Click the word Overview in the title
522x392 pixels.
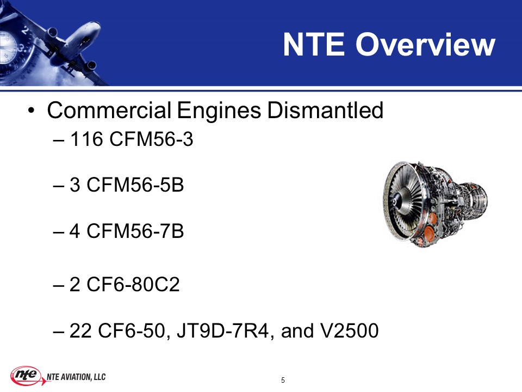click(x=425, y=44)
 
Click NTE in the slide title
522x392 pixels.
click(x=314, y=44)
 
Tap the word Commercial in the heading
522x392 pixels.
click(x=109, y=111)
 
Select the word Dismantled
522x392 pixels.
click(x=325, y=111)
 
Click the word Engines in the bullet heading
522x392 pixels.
click(x=219, y=111)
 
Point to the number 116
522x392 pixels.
click(x=86, y=139)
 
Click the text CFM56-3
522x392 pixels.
click(x=151, y=139)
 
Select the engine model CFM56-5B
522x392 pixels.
click(x=135, y=185)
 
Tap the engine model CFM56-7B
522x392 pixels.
click(x=135, y=231)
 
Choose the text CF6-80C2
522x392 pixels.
click(x=133, y=284)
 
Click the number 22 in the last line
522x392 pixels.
click(x=80, y=330)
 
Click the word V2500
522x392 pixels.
click(x=349, y=330)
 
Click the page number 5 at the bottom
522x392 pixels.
click(x=283, y=380)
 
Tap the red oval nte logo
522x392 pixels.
click(x=26, y=375)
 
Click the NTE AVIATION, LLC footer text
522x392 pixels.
click(x=76, y=377)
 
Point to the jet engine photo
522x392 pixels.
click(x=435, y=205)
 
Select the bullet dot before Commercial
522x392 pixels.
click(x=32, y=111)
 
